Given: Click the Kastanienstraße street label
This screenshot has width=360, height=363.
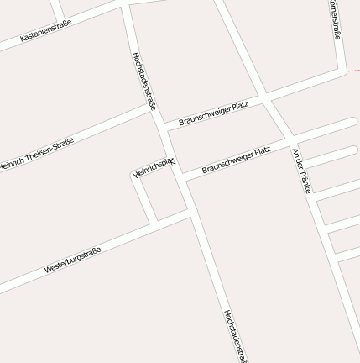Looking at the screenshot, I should [x=45, y=30].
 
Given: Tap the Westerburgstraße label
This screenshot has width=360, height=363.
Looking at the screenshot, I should [x=72, y=260].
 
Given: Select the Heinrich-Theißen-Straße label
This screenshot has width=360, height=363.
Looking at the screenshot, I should [x=38, y=155].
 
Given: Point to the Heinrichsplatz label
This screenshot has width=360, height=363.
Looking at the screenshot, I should [x=154, y=166].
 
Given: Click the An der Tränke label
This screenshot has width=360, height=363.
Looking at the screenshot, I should [x=301, y=171].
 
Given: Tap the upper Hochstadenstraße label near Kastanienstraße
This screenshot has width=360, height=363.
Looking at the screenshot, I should [x=144, y=81].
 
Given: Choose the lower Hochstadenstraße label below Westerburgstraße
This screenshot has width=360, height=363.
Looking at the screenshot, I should [x=235, y=335].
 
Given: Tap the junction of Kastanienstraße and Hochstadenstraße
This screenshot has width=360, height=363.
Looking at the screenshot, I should [x=126, y=5].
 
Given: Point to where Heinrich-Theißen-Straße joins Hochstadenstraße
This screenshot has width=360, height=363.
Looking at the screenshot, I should [x=153, y=108].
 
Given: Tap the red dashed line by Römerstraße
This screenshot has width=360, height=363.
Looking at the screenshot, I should [x=353, y=71].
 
